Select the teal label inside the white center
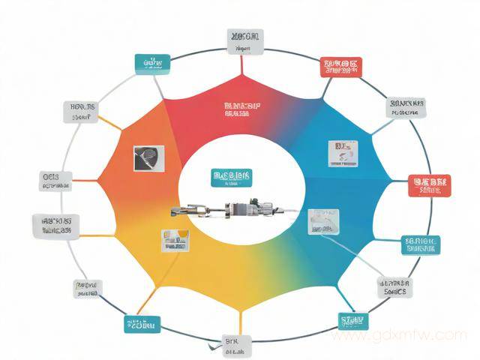pos(232,178)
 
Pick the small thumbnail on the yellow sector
pos(174,239)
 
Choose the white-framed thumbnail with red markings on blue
pos(340,152)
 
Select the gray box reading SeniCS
pos(394,286)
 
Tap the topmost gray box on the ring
pos(245,41)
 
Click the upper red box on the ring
pos(342,68)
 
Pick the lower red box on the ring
pos(428,184)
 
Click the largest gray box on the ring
pos(57,225)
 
